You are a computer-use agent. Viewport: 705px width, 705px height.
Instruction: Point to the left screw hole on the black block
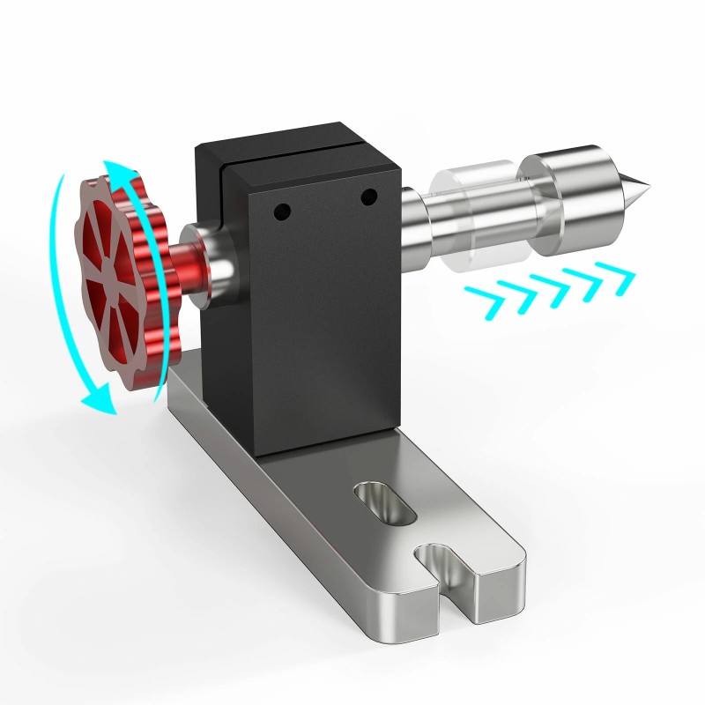(281, 211)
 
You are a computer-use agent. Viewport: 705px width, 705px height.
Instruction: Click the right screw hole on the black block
(368, 196)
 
